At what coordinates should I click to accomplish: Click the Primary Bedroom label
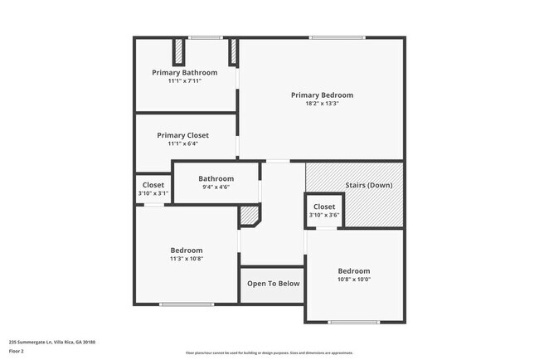(322, 95)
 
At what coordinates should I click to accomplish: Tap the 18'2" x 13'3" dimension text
(322, 104)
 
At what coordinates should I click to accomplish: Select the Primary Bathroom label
(184, 72)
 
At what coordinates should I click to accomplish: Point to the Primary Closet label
(182, 135)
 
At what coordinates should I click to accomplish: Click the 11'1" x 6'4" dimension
(182, 144)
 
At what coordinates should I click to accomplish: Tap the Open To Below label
(273, 284)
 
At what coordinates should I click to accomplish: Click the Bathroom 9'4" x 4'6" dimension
(216, 187)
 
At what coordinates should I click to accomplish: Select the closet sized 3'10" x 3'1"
(153, 189)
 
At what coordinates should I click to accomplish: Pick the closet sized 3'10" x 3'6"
(324, 211)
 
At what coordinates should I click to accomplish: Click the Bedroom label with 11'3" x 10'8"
(187, 250)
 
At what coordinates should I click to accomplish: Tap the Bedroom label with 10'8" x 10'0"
(353, 270)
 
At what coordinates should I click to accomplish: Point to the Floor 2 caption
(17, 351)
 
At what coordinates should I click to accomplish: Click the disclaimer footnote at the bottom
(269, 353)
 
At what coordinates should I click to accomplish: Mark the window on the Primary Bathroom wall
(205, 37)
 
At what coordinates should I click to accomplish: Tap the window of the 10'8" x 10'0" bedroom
(353, 322)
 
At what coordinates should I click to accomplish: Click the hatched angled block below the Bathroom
(249, 216)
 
